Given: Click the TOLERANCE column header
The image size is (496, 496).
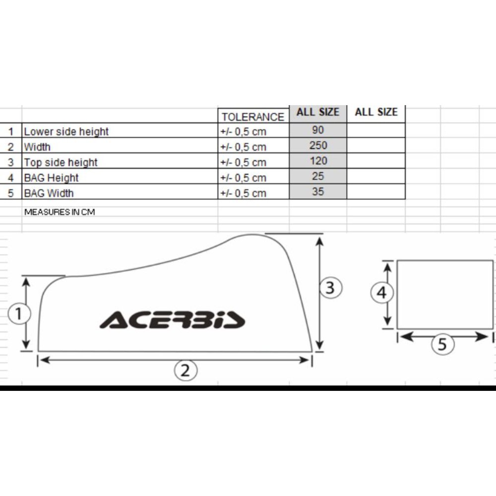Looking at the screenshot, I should [x=253, y=117].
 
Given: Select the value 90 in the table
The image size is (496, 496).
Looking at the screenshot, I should [x=318, y=130].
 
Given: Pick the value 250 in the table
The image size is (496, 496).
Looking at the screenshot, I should [x=318, y=145].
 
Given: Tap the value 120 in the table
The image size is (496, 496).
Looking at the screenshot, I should [x=318, y=161].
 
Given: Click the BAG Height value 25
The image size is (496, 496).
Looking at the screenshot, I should [x=318, y=176].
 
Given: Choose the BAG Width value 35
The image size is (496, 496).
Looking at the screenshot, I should [x=318, y=191].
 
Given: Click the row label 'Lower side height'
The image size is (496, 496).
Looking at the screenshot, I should [x=66, y=131].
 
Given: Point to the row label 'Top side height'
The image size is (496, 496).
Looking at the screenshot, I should [x=61, y=162].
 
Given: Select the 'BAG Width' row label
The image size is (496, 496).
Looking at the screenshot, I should [x=49, y=193].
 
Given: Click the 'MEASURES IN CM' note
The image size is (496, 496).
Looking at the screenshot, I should [x=60, y=212].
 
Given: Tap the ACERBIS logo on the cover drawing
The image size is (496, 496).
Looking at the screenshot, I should [x=173, y=320].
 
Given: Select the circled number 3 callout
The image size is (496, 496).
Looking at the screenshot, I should [x=330, y=288].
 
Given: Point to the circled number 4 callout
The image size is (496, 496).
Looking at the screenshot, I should [x=382, y=293].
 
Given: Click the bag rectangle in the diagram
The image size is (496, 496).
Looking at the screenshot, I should [x=445, y=294].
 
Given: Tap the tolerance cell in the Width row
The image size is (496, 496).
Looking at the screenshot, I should [x=243, y=147].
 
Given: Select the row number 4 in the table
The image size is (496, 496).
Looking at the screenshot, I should [x=11, y=178].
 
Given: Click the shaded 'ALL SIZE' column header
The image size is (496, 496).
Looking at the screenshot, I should [x=318, y=112].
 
